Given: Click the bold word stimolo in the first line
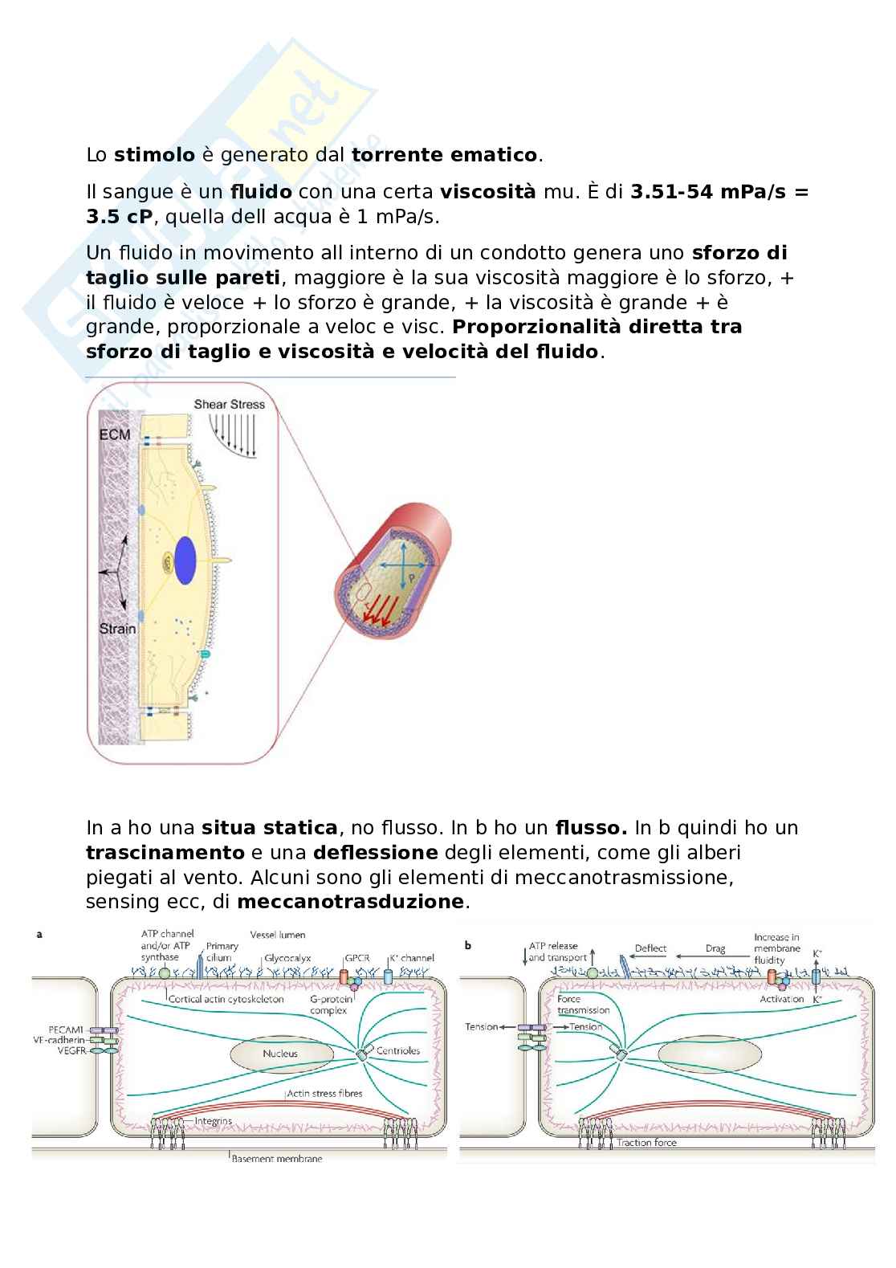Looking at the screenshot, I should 154,155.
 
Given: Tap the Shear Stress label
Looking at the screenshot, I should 229,404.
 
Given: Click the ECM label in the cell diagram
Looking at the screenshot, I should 114,434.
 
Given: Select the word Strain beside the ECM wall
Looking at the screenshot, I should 117,628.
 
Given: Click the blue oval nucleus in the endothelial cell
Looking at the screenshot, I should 185,559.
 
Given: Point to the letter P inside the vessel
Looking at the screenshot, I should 411,577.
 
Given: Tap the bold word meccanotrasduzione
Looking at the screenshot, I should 350,902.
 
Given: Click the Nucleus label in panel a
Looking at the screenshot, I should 280,1054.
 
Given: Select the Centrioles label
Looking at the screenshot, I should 398,1050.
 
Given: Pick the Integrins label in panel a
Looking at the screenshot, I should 214,1120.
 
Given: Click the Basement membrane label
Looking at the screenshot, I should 277,1159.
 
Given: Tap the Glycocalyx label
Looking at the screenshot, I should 287,958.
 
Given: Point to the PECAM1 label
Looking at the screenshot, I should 66,1029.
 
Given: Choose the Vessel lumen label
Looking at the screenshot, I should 278,935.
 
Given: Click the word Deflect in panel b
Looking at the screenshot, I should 650,948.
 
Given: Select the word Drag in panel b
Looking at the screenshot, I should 715,948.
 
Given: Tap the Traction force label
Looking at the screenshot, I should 646,1143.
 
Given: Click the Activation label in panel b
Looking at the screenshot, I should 781,999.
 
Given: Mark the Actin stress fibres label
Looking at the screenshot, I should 324,1093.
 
